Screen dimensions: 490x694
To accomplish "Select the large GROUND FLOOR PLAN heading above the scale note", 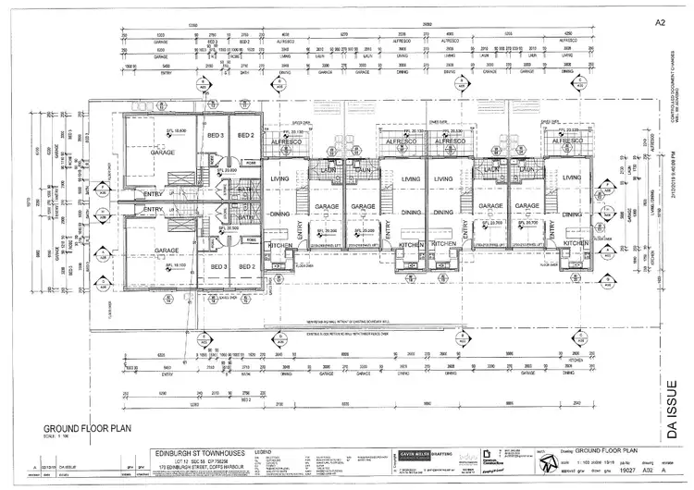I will coord(86,429).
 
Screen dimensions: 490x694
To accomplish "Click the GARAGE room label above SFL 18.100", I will coord(167,251).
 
